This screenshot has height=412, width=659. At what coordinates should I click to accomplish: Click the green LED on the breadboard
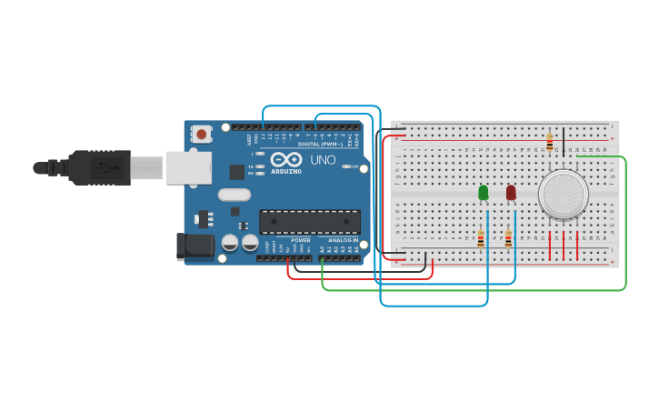(483, 192)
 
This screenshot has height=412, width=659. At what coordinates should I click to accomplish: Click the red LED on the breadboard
(511, 192)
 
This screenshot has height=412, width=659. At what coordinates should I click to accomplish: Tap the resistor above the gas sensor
(549, 141)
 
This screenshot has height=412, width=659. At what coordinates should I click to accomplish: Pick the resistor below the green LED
(481, 238)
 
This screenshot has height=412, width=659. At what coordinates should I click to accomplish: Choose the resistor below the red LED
(508, 238)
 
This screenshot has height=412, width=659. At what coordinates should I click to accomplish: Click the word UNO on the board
(324, 160)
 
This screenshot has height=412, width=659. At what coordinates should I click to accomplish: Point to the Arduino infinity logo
(285, 159)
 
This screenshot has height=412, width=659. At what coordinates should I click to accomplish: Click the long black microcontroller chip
(309, 221)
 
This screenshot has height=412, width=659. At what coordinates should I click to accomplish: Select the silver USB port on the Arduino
(189, 167)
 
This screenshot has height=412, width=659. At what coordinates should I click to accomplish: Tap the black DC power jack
(195, 245)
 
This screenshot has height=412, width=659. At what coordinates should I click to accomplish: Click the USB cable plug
(100, 167)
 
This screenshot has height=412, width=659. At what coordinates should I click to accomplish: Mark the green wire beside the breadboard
(625, 227)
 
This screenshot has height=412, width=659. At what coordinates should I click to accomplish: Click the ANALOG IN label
(344, 240)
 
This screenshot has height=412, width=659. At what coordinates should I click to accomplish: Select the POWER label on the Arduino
(301, 240)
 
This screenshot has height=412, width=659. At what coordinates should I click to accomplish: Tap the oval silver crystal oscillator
(234, 194)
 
